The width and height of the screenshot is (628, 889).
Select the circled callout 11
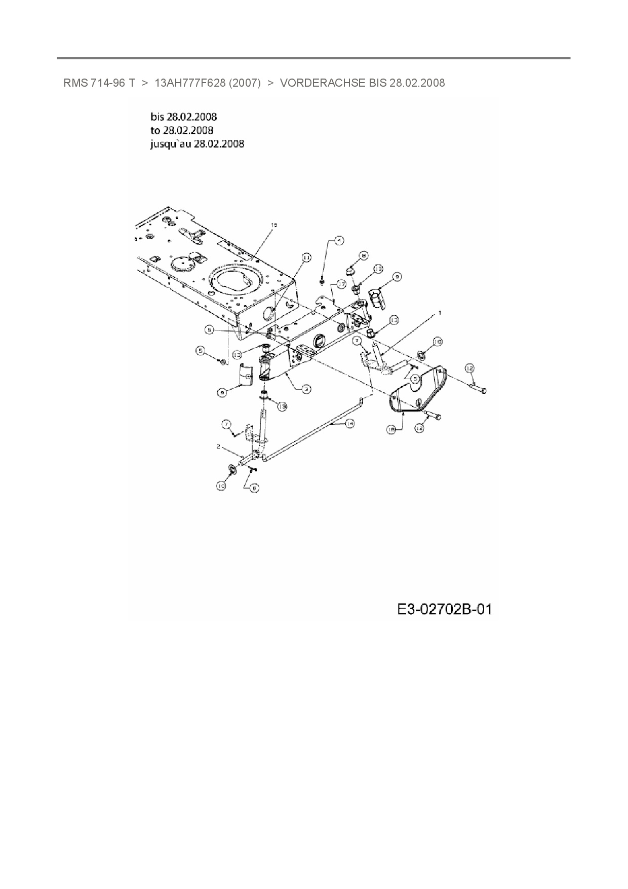coord(306,258)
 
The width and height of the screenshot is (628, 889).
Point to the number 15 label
coord(274,225)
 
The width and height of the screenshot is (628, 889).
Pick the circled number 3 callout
coord(306,389)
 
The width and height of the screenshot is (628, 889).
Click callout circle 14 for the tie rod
coord(349,423)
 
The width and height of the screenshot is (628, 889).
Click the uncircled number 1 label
coord(440,313)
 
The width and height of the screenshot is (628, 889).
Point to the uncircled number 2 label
coord(218,447)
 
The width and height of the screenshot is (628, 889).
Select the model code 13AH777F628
coord(189,83)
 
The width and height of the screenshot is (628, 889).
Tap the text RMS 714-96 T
coord(99,83)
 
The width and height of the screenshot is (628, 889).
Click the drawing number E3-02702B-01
coord(445,608)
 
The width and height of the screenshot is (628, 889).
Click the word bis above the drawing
coord(158,117)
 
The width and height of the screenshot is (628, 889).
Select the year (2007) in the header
coord(245,83)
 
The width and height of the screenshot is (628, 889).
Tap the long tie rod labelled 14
coord(314,431)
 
